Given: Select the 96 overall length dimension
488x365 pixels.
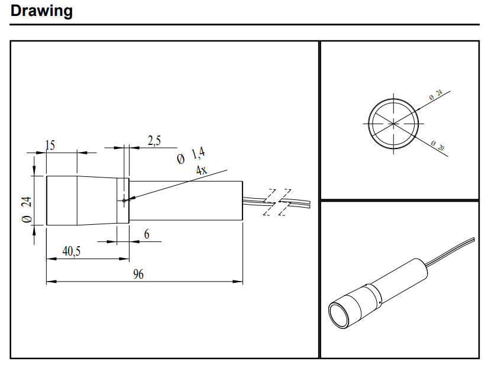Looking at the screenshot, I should pyautogui.click(x=138, y=274).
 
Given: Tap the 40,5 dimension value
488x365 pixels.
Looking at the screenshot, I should pyautogui.click(x=72, y=251).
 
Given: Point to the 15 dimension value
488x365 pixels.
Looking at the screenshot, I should pyautogui.click(x=50, y=145).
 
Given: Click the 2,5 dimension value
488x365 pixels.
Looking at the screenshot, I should pyautogui.click(x=154, y=140).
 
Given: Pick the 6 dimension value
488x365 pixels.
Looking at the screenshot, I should pyautogui.click(x=147, y=234).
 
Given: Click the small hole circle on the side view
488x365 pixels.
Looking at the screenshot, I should pyautogui.click(x=124, y=200).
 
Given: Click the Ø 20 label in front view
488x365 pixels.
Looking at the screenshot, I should pyautogui.click(x=437, y=146).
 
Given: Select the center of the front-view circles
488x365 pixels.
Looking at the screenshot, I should pyautogui.click(x=394, y=123).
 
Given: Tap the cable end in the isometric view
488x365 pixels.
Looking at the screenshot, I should pyautogui.click(x=471, y=240).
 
